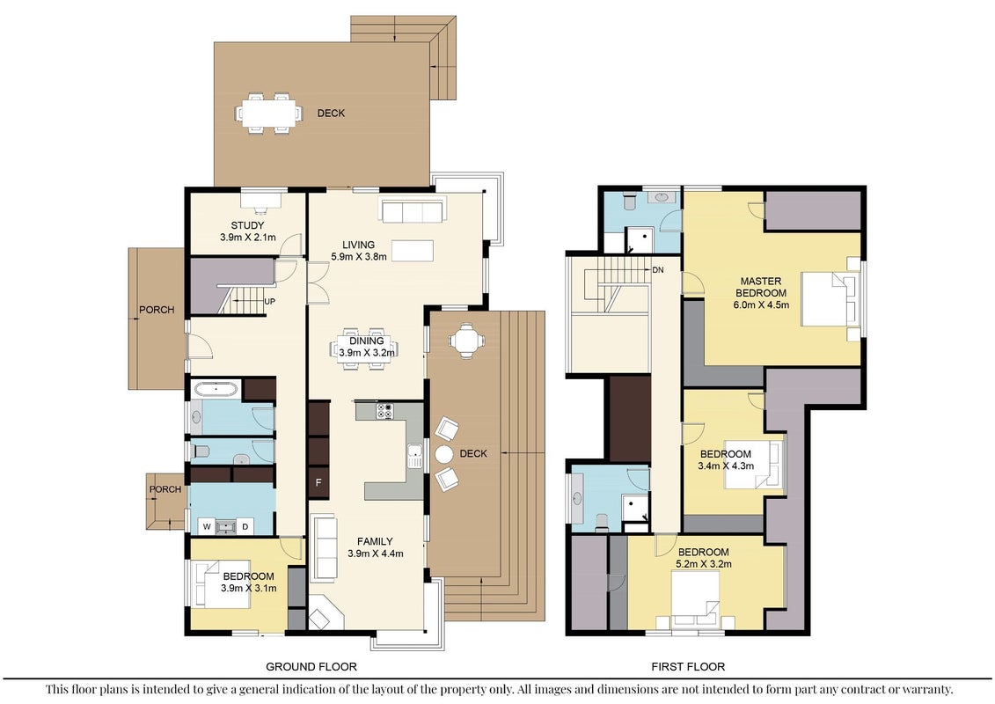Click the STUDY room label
pyautogui.click(x=247, y=225)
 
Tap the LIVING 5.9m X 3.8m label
pyautogui.click(x=359, y=251)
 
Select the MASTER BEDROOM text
pyautogui.click(x=761, y=287)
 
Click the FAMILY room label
pyautogui.click(x=375, y=541)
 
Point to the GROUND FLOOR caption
pyautogui.click(x=311, y=666)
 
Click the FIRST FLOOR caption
pyautogui.click(x=688, y=666)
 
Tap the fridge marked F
pyautogui.click(x=318, y=482)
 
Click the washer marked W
pyautogui.click(x=206, y=526)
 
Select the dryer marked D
pyautogui.click(x=245, y=526)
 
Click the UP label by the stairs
pyautogui.click(x=270, y=302)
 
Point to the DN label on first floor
pyautogui.click(x=657, y=270)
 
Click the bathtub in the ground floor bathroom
pyautogui.click(x=216, y=389)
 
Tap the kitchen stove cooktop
pyautogui.click(x=384, y=411)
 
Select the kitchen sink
pyautogui.click(x=415, y=456)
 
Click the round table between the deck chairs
pyautogui.click(x=444, y=454)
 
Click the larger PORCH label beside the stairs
pyautogui.click(x=157, y=310)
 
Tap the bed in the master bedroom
pyautogui.click(x=830, y=298)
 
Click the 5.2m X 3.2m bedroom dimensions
pyautogui.click(x=703, y=564)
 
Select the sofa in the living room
pyautogui.click(x=413, y=210)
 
